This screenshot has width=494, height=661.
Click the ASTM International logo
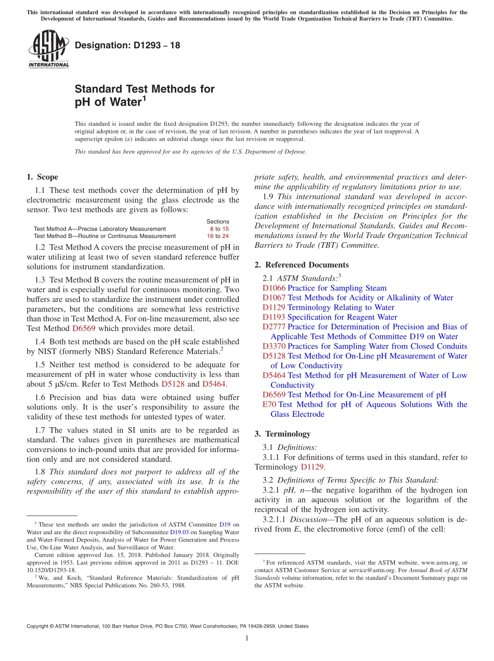click(48, 49)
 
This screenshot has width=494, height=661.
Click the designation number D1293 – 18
click(127, 45)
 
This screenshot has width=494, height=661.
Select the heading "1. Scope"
click(42, 177)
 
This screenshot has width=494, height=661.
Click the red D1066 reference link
click(274, 288)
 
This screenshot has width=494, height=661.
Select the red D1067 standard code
click(274, 298)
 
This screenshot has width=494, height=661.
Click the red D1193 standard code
click(274, 317)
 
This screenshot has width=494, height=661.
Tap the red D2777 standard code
click(274, 327)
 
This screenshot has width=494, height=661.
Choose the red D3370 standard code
click(274, 346)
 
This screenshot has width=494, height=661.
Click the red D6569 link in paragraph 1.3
click(84, 328)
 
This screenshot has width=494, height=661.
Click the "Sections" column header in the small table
click(217, 221)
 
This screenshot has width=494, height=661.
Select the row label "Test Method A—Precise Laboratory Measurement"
click(100, 229)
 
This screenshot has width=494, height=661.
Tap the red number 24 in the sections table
click(225, 236)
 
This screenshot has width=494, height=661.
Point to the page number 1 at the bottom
click(247, 638)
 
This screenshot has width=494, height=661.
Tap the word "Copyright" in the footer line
click(39, 626)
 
